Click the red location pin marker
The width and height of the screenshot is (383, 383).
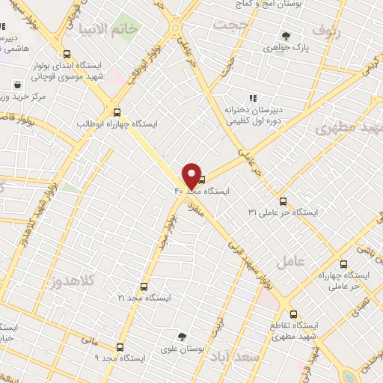(x=191, y=176)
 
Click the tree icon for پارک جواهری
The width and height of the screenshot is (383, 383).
(x=284, y=35)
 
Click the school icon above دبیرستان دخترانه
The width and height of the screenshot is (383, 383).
(x=253, y=98)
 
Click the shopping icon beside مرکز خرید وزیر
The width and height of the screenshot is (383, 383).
(x=16, y=85)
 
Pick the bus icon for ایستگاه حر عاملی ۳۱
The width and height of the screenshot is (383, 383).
(x=283, y=200)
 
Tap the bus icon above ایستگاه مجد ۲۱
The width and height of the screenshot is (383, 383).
(x=144, y=286)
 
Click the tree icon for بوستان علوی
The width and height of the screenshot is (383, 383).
(x=182, y=337)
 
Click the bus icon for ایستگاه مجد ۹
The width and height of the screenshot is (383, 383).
(x=120, y=346)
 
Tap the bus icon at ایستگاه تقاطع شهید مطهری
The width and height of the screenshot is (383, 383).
(x=293, y=313)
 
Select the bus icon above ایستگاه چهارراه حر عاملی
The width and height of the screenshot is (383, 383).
(x=343, y=264)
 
